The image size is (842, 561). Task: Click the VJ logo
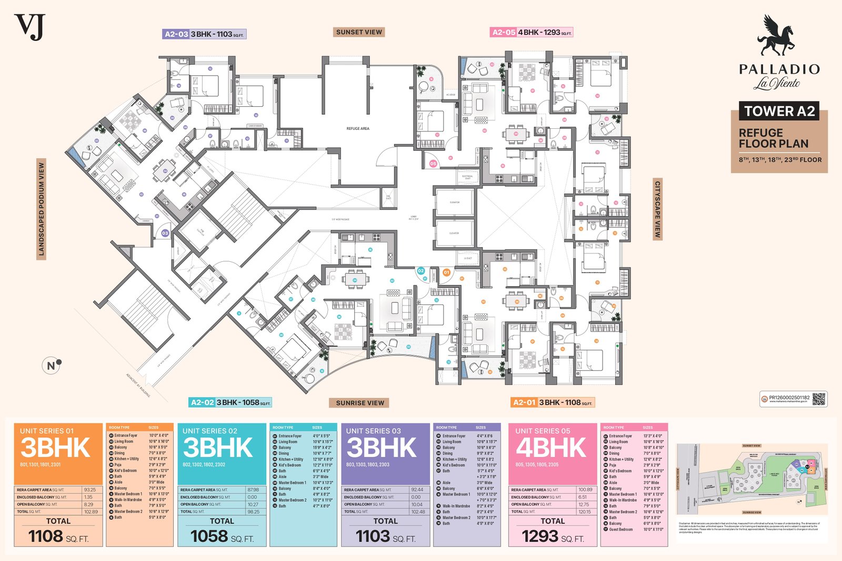pyautogui.click(x=30, y=27)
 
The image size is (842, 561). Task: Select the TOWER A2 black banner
pyautogui.click(x=779, y=111)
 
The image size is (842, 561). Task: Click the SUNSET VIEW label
pyautogui.click(x=359, y=32)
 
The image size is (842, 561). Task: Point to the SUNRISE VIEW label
pyautogui.click(x=360, y=403)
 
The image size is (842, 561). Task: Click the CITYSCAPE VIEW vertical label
pyautogui.click(x=657, y=209)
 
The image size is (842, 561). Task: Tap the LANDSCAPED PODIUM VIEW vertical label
pyautogui.click(x=42, y=209)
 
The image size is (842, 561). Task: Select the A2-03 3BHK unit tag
pyautogui.click(x=204, y=34)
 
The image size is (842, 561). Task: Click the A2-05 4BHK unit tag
pyautogui.click(x=531, y=32)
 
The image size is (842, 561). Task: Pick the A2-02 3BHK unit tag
pyautogui.click(x=230, y=403)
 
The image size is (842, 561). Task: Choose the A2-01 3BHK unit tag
pyautogui.click(x=552, y=403)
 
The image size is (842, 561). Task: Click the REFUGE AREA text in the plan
pyautogui.click(x=358, y=128)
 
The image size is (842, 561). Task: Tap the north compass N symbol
pyautogui.click(x=52, y=365)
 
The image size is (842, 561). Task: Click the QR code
pyautogui.click(x=819, y=399)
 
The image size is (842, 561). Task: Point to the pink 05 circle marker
pyautogui.click(x=433, y=164)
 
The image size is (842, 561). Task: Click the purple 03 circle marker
pyautogui.click(x=165, y=233)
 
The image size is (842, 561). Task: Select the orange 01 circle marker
pyautogui.click(x=446, y=272)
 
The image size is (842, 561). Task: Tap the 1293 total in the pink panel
pyautogui.click(x=540, y=536)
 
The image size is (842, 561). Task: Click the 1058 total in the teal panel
pyautogui.click(x=209, y=536)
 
